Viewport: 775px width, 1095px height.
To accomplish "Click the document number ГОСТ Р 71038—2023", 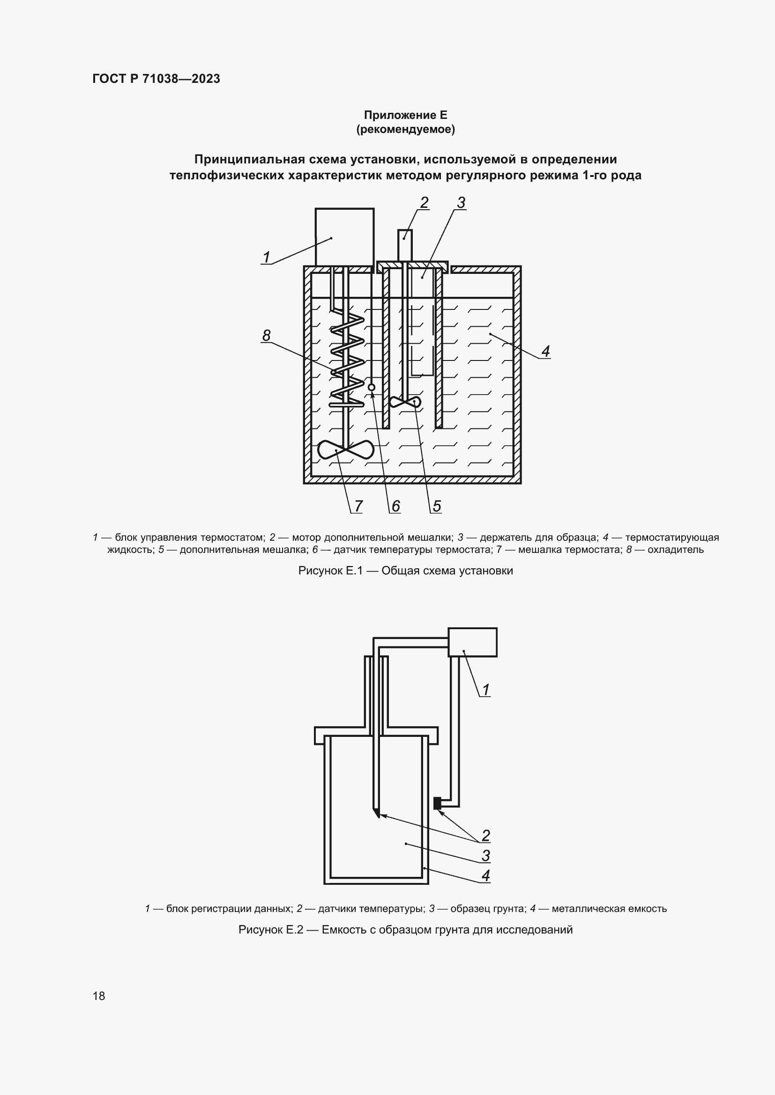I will click(156, 79).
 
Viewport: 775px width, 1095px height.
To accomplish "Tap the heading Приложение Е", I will click(405, 115).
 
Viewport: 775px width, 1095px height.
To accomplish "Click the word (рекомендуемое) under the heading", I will click(405, 129).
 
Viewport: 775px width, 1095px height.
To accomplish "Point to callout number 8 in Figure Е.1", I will click(266, 335).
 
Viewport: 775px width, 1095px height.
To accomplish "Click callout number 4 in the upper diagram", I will click(545, 351).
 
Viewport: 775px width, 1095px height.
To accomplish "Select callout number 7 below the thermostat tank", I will click(358, 506).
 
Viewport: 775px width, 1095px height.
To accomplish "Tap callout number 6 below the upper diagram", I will click(395, 506).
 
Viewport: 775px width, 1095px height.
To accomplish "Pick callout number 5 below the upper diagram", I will click(437, 506).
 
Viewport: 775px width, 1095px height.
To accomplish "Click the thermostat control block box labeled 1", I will click(344, 236).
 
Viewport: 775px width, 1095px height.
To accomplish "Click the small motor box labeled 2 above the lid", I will click(405, 245).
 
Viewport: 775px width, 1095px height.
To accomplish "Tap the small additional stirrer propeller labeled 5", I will click(405, 402).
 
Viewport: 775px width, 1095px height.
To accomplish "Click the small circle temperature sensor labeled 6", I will click(371, 387).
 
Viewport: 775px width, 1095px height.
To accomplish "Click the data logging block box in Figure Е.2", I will click(472, 642).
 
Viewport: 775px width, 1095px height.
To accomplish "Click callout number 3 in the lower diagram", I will click(485, 855).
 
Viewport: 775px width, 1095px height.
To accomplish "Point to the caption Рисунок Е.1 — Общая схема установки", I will click(405, 570).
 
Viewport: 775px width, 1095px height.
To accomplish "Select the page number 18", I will click(99, 996).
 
